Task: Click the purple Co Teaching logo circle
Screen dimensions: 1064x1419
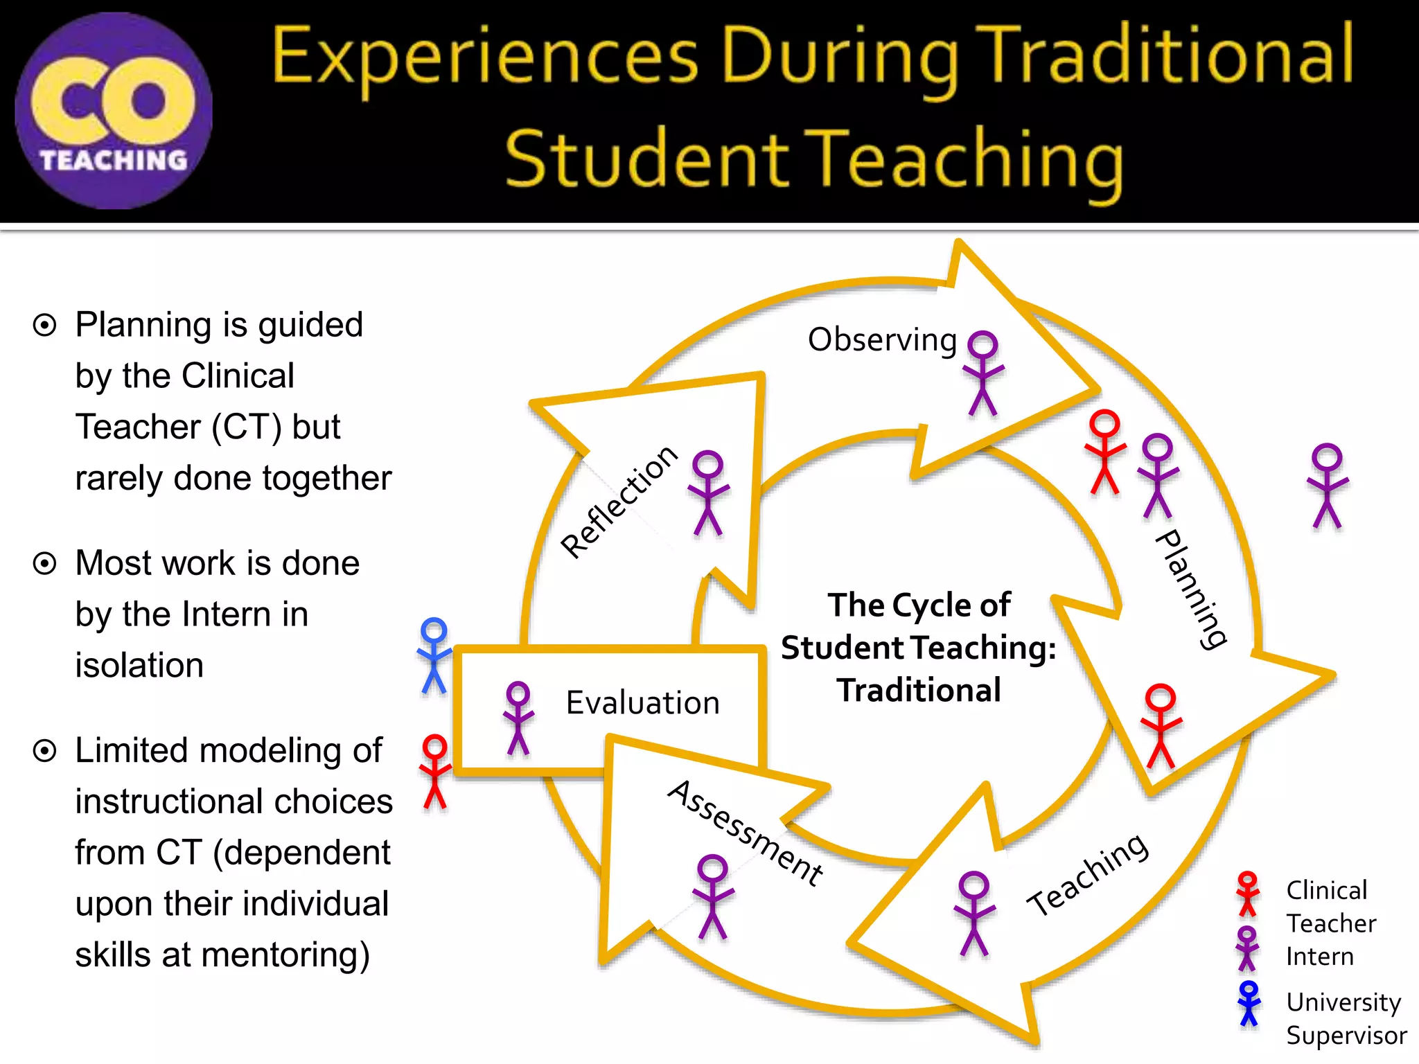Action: (114, 111)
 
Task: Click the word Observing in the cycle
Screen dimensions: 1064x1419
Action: (882, 340)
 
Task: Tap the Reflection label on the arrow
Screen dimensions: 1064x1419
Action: (619, 501)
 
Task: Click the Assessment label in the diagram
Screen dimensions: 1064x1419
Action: (746, 832)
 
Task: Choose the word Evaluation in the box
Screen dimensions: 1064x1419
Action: (642, 703)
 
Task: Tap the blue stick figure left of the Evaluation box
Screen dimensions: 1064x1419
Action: (434, 655)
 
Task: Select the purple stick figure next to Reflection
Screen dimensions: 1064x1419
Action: (708, 493)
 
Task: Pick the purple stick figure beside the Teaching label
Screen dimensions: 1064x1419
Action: (974, 914)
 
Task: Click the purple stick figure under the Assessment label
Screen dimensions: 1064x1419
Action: (713, 896)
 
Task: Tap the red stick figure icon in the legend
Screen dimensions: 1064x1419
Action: (1247, 894)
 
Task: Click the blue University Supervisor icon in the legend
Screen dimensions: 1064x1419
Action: (1249, 1003)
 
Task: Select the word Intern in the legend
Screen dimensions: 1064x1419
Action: (1319, 957)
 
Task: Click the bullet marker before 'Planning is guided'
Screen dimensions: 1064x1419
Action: (45, 325)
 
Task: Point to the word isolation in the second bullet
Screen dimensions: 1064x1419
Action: (139, 665)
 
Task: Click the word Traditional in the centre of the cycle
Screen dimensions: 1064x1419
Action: (919, 691)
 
